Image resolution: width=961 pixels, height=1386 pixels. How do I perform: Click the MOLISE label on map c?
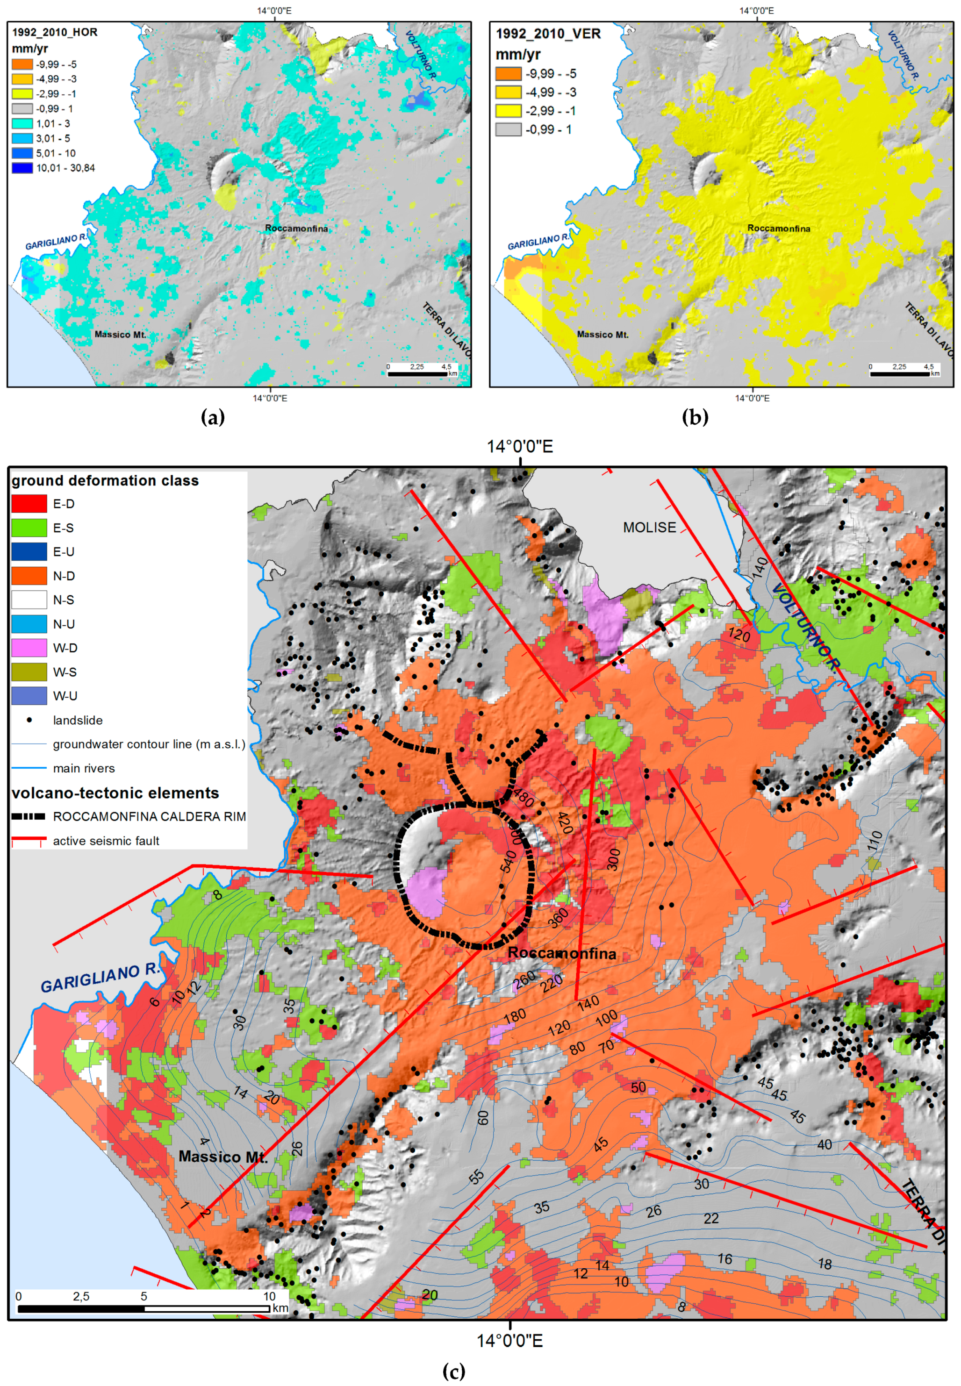click(x=649, y=528)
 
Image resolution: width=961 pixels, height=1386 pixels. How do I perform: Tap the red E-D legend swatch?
click(x=29, y=504)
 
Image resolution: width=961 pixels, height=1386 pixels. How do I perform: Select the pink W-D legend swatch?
click(x=29, y=648)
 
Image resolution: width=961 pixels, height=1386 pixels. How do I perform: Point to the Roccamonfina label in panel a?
click(x=296, y=229)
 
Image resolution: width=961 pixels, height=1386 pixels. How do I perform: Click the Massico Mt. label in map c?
click(x=223, y=1157)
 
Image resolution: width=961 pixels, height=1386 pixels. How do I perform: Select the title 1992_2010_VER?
click(x=548, y=34)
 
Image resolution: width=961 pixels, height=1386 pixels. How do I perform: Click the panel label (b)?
click(x=695, y=417)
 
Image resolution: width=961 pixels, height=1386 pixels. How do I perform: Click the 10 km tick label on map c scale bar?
click(x=269, y=1296)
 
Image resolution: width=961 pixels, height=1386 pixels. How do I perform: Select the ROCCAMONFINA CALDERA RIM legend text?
click(x=149, y=817)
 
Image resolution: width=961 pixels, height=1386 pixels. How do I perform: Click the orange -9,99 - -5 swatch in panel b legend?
click(x=508, y=74)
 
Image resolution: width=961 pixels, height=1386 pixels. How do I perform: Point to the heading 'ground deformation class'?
click(x=105, y=481)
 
